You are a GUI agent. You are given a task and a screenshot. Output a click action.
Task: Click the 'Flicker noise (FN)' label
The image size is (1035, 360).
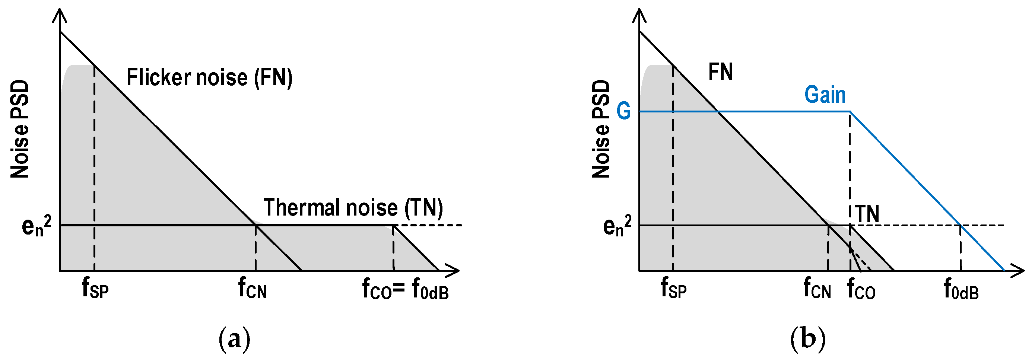click(209, 77)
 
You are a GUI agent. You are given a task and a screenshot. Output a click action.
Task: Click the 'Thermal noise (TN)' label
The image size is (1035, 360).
click(353, 208)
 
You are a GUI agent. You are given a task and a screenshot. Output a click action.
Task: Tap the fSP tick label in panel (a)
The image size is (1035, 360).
click(95, 289)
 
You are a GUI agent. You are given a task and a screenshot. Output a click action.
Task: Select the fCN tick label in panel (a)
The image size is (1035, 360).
click(252, 289)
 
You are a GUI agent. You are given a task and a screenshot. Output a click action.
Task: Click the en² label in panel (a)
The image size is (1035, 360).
click(36, 226)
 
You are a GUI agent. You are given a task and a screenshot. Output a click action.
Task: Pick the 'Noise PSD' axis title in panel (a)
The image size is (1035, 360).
click(20, 129)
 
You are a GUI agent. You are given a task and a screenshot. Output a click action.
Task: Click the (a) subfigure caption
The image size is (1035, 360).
click(234, 339)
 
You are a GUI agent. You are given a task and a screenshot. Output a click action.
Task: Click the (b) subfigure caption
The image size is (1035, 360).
click(807, 339)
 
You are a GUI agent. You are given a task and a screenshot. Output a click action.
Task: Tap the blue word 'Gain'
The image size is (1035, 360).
click(825, 95)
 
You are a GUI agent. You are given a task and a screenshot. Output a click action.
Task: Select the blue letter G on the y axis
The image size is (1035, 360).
click(623, 111)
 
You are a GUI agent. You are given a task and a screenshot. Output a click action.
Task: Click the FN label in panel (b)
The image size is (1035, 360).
click(720, 72)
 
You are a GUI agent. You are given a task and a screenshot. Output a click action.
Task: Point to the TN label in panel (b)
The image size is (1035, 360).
click(867, 214)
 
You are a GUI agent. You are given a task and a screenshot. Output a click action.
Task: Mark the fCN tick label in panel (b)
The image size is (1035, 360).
click(817, 289)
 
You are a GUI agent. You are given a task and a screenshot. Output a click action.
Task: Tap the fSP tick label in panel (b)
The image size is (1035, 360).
click(674, 289)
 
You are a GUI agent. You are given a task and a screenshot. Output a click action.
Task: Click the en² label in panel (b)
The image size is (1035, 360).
click(617, 226)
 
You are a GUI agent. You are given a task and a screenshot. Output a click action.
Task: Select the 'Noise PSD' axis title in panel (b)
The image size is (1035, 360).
click(601, 129)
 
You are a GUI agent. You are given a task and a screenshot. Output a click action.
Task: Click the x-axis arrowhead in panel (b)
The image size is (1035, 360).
click(1019, 271)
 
